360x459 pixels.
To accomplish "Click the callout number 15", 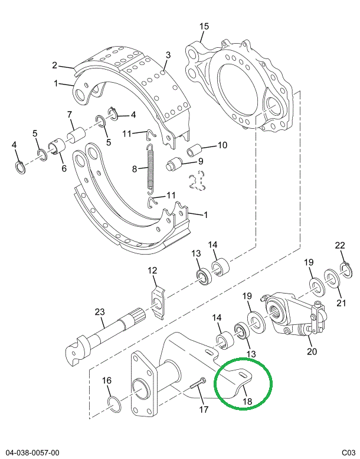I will (x=204, y=27).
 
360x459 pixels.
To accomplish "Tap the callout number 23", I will (x=99, y=311).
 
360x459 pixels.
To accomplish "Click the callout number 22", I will (x=339, y=246).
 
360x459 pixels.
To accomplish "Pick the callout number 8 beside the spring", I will (x=135, y=169).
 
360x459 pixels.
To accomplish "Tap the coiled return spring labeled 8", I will (x=150, y=168).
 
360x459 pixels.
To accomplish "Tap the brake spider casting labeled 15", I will (x=242, y=86).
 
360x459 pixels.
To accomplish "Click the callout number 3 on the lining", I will (x=168, y=56).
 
